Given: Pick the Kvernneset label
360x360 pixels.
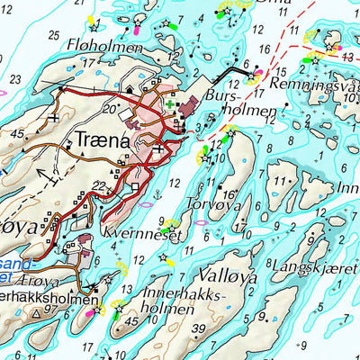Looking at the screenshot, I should [x=148, y=236].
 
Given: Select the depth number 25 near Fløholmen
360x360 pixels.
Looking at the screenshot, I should [x=55, y=35].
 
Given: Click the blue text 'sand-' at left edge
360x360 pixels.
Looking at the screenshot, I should [x=20, y=263].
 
